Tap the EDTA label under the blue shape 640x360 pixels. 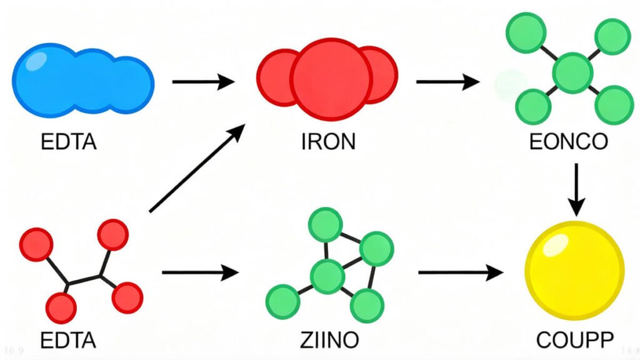click(69, 142)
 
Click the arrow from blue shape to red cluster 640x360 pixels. click(202, 81)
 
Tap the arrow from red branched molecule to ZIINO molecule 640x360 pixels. click(201, 272)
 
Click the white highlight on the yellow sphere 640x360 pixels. click(554, 248)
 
